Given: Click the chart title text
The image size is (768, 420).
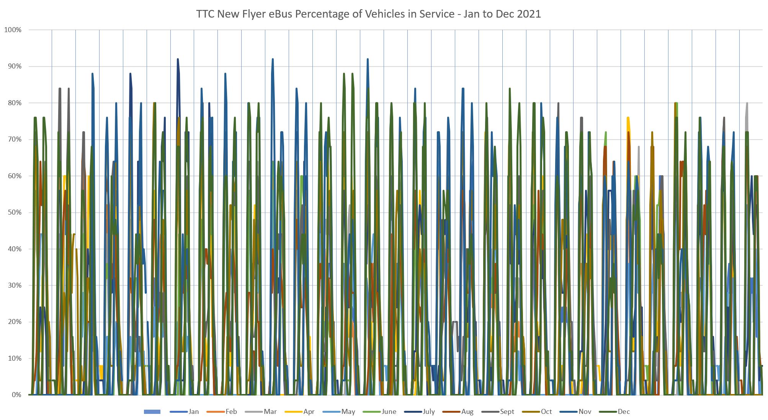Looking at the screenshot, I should pos(368,14).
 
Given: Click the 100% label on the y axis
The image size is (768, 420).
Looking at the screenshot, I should pos(13,30).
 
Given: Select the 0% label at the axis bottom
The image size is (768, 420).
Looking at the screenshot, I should pos(16,395).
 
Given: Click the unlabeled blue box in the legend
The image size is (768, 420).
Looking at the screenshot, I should pos(152,412).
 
